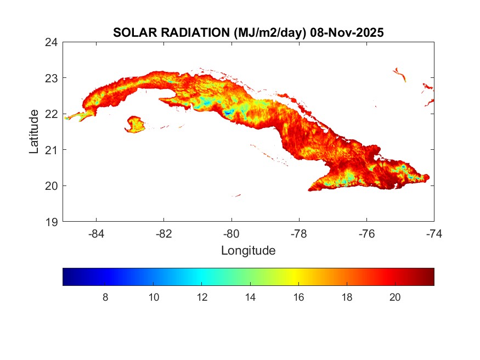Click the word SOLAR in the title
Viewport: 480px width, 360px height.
pyautogui.click(x=132, y=33)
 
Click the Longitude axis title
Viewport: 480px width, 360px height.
pyautogui.click(x=248, y=251)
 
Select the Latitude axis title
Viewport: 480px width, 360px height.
pyautogui.click(x=34, y=132)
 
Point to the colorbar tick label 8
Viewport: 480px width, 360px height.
pyautogui.click(x=105, y=297)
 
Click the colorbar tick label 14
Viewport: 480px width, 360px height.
pyautogui.click(x=250, y=297)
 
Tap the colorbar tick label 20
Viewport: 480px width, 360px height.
pyautogui.click(x=394, y=297)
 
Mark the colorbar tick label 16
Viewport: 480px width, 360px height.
pyautogui.click(x=298, y=297)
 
